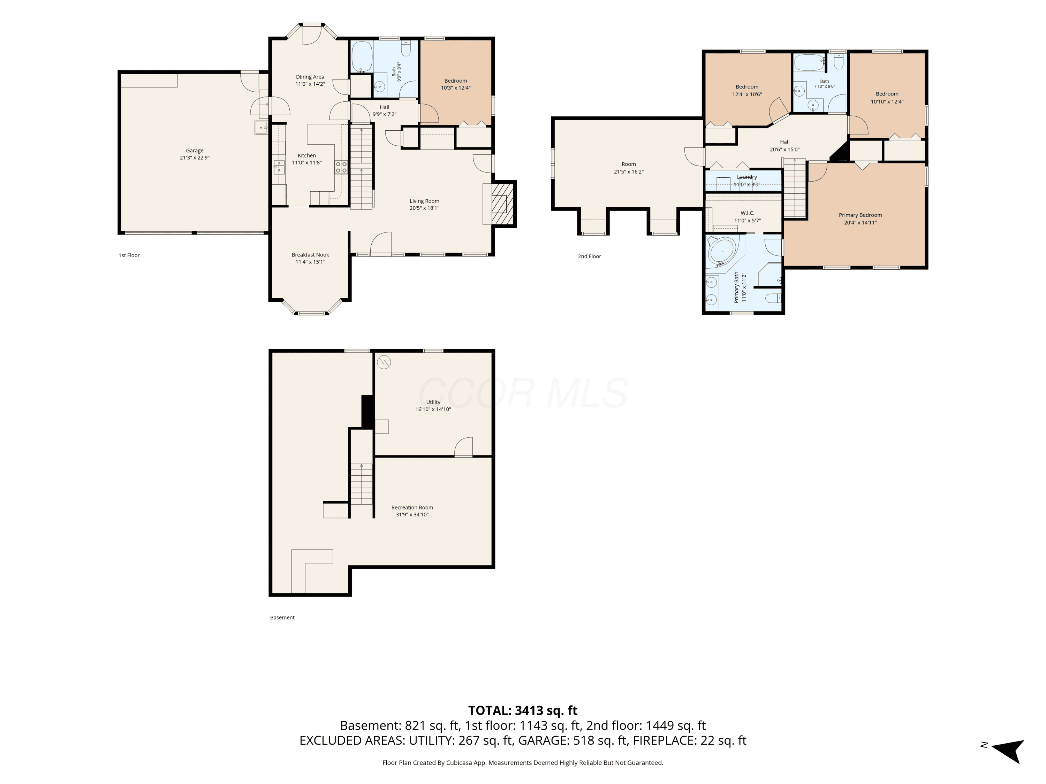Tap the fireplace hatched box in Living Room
[x=502, y=204]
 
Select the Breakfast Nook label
[x=310, y=255]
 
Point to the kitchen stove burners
[x=341, y=167]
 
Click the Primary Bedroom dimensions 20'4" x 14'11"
[x=860, y=223]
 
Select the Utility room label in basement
[x=433, y=402]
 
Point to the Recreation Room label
[x=412, y=508]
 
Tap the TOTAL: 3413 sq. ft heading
[x=523, y=710]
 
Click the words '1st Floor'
[x=129, y=255]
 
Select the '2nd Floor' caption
[x=589, y=256]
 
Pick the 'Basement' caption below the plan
[x=282, y=617]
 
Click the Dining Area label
[x=310, y=77]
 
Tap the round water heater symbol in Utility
[x=384, y=362]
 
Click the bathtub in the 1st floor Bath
[x=362, y=57]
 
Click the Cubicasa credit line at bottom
[x=523, y=762]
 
